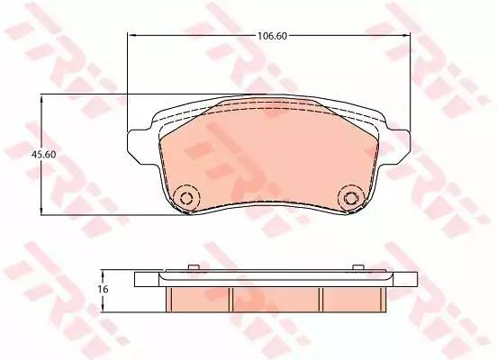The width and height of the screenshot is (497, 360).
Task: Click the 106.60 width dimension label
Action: tap(272, 36)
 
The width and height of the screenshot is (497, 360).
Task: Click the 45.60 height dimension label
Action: tap(44, 154)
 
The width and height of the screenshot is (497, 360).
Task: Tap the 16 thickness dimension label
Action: tap(104, 289)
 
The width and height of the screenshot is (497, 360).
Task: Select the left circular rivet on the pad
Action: tap(186, 198)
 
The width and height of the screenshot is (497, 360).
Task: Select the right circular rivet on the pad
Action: tap(350, 198)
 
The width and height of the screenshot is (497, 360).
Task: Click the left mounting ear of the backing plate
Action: tap(137, 147)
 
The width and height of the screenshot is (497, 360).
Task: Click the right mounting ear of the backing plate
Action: tap(400, 147)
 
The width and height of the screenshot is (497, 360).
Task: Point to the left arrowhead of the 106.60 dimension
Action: tap(131, 35)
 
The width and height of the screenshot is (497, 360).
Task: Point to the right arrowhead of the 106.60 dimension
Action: tap(406, 35)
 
